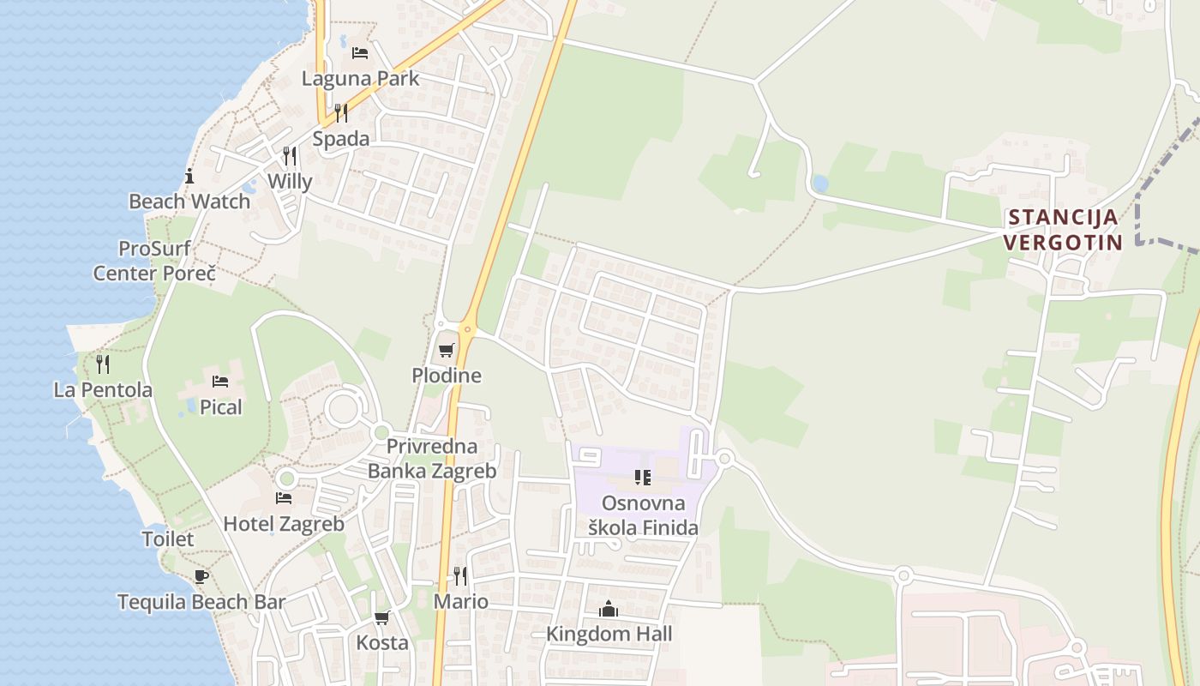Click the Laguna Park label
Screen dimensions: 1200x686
(x=360, y=79)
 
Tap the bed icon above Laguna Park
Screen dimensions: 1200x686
(x=360, y=53)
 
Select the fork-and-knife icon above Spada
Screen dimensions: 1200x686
(x=341, y=113)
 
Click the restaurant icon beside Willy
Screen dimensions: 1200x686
(x=290, y=156)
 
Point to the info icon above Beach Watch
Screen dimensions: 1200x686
(x=189, y=177)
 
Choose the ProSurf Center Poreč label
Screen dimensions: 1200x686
(x=154, y=262)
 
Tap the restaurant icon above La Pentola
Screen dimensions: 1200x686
(x=103, y=364)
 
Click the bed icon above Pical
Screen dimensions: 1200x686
(x=220, y=382)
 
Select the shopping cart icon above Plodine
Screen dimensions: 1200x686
(x=446, y=350)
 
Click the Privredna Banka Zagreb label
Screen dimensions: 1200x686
(x=432, y=459)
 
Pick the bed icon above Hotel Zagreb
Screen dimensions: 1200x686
(x=284, y=498)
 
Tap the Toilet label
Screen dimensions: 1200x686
(x=168, y=539)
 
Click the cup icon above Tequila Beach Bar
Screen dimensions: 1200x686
(x=201, y=576)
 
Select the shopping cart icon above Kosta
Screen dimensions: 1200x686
(x=382, y=617)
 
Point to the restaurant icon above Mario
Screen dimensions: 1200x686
(x=460, y=575)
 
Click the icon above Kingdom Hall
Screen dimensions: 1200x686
(x=609, y=609)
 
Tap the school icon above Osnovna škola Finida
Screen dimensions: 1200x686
(x=643, y=478)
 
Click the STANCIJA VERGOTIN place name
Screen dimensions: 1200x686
(x=1063, y=230)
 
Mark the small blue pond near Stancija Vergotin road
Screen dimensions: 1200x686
(x=820, y=184)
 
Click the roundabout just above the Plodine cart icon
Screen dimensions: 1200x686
(x=468, y=328)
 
